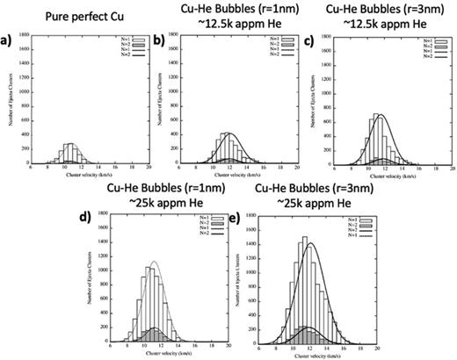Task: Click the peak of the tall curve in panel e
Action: click(310, 244)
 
